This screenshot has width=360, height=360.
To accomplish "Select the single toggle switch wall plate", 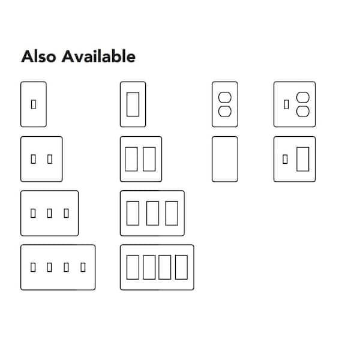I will coord(33,104).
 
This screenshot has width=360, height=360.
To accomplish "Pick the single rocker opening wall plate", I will coord(133,104).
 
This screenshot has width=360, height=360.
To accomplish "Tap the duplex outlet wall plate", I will coord(224,104).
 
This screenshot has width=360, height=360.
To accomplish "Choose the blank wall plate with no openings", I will coord(224,159).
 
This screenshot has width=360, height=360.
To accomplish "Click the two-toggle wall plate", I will coord(41,159).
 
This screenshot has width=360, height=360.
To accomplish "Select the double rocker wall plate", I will coord(140,159).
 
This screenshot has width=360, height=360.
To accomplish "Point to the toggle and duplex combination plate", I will coord(295,104).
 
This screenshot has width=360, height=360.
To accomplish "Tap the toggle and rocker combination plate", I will coord(295,159).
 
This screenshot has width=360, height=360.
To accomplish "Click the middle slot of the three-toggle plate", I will coord(50,213).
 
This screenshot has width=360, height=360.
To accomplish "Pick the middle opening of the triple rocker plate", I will coord(152,213).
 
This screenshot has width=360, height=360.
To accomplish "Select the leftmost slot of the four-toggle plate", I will coord(33,267).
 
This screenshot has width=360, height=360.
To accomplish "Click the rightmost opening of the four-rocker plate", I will coord(181,267).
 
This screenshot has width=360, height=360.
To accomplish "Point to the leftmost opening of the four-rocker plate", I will coord(133,267).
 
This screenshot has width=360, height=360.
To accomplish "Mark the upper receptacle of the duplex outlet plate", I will coord(225,97).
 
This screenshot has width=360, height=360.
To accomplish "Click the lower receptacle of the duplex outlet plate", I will coord(225,112).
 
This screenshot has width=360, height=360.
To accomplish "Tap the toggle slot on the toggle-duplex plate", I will coord(286,104).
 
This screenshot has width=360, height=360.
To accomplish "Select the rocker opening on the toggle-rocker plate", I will coord(302,159).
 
